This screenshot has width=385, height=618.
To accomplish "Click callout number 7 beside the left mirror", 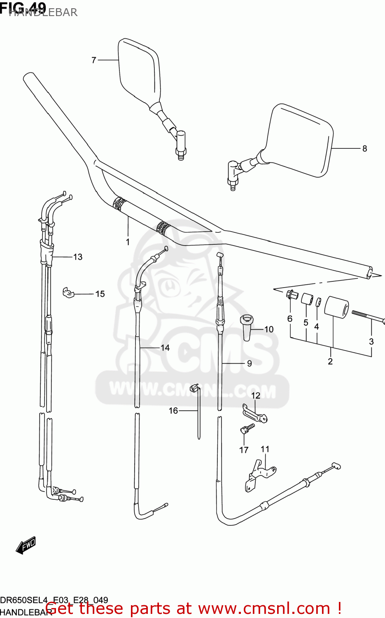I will [94, 61].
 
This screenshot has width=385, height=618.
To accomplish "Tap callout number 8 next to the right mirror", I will [364, 148].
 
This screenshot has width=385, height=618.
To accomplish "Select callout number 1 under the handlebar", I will [128, 242].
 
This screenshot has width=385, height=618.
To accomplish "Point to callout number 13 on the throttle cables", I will [78, 257].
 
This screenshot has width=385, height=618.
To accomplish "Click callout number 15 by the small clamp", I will [100, 294].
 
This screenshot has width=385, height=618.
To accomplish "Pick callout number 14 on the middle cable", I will [165, 348].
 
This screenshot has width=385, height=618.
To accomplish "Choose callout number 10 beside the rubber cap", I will [268, 329].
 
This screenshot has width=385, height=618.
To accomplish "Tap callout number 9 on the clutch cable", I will [249, 363].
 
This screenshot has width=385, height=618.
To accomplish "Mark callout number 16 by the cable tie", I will [173, 410].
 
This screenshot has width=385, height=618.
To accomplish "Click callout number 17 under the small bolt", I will [244, 450].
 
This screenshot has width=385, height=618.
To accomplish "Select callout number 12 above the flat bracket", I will [256, 396].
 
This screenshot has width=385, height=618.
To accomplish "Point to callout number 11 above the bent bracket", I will [265, 449].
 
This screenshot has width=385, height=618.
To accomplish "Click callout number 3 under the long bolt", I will [371, 341].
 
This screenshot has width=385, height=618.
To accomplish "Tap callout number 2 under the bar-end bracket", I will [330, 361].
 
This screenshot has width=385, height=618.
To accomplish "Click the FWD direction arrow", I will [26, 545].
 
